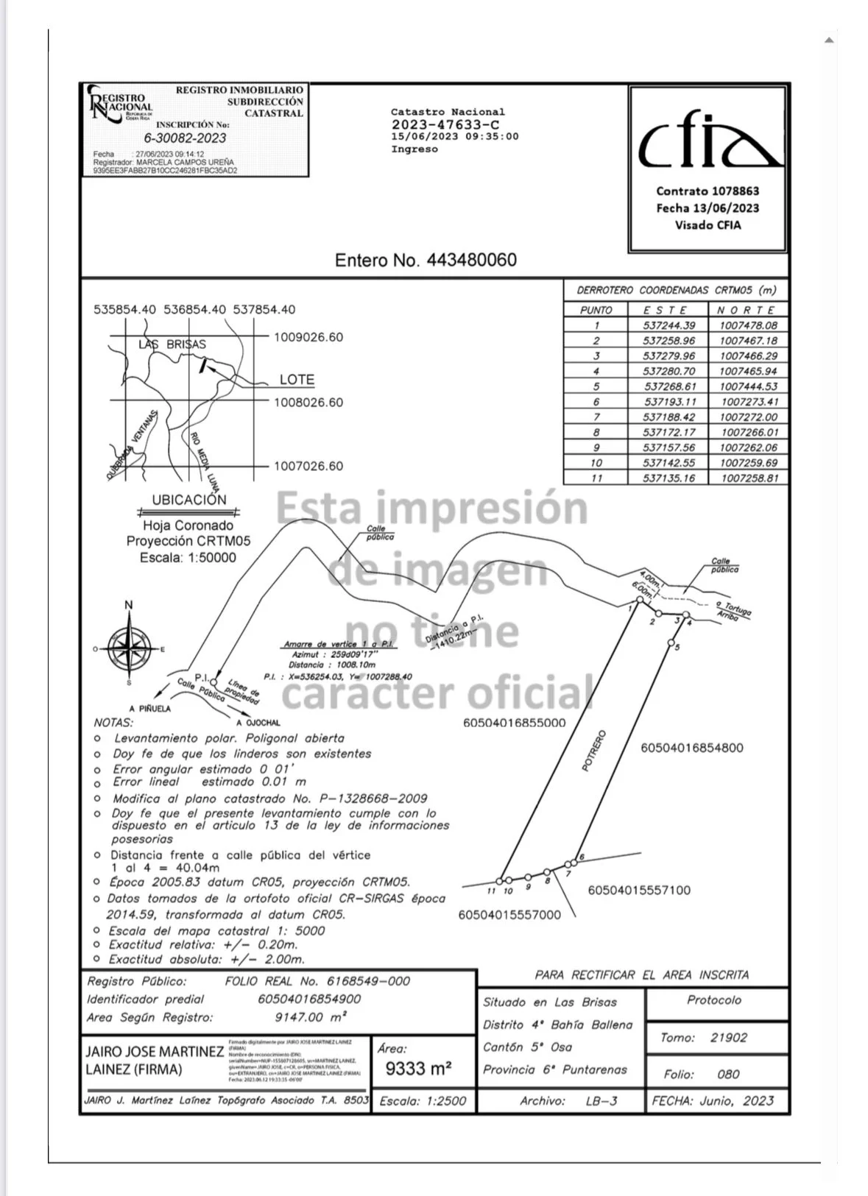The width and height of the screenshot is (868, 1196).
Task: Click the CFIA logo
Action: pos(708,142)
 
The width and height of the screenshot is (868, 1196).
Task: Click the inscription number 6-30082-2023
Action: pos(185,138)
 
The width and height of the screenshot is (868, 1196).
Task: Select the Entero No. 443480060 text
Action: pos(426,260)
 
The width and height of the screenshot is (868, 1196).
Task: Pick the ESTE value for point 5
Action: pos(669,386)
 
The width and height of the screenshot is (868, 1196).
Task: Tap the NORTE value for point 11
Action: pos(749,478)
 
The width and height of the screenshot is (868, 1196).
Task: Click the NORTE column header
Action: pos(746,311)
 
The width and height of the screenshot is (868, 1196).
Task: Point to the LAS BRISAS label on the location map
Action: pos(172,344)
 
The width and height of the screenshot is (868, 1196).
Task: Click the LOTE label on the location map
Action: pos(297,380)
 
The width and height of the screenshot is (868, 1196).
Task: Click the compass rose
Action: pos(129,648)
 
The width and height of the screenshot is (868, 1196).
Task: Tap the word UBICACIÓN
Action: pos(189,500)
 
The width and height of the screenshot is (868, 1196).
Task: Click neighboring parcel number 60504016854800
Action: pos(691,748)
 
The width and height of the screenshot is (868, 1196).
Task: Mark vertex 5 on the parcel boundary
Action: pos(671,643)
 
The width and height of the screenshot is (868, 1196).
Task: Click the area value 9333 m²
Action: pos(418,1069)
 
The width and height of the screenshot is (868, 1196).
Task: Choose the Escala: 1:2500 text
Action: pos(423,1102)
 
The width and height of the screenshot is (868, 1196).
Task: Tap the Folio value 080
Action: pos(728,1075)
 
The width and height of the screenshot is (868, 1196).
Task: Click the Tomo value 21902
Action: pos(728,1038)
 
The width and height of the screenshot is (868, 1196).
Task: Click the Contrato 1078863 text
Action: pos(707,191)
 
